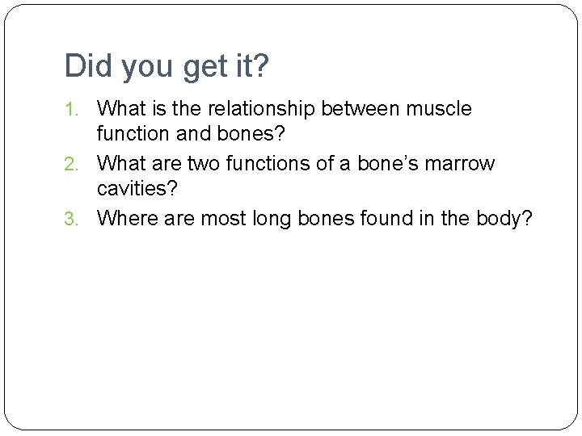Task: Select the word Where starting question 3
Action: coord(123,219)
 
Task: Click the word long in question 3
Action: coord(262,219)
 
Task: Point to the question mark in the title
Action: coord(260,66)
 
